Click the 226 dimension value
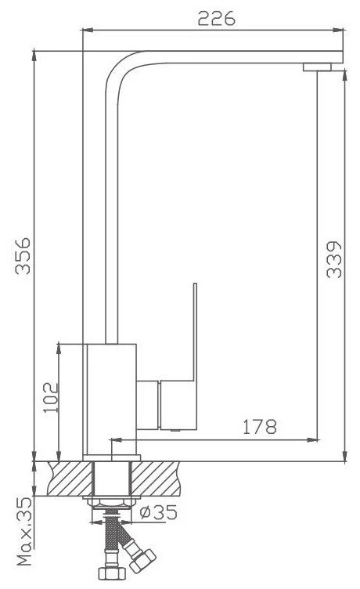[x=216, y=18]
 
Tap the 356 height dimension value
[x=23, y=256]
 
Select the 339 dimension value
[x=333, y=259]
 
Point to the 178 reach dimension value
[x=259, y=427]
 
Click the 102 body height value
[x=52, y=398]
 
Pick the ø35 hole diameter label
[x=158, y=512]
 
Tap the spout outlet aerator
[x=317, y=67]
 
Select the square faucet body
[x=111, y=399]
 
